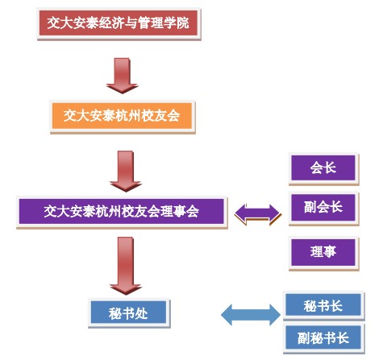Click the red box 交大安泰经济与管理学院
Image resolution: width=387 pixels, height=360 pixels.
coord(119,23)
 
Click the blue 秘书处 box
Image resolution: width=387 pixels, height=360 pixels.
coord(129,312)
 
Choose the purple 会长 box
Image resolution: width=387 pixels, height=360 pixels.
coord(322,168)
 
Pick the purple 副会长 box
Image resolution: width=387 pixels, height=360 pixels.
coord(322,207)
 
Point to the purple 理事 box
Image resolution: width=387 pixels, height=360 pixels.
coord(322,252)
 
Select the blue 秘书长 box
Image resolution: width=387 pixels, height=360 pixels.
coord(323,306)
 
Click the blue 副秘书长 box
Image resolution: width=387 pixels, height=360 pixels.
coord(323,338)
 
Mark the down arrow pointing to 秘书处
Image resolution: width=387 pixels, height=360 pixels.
coord(126,265)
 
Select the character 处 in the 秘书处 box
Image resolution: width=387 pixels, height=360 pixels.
coord(144,312)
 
